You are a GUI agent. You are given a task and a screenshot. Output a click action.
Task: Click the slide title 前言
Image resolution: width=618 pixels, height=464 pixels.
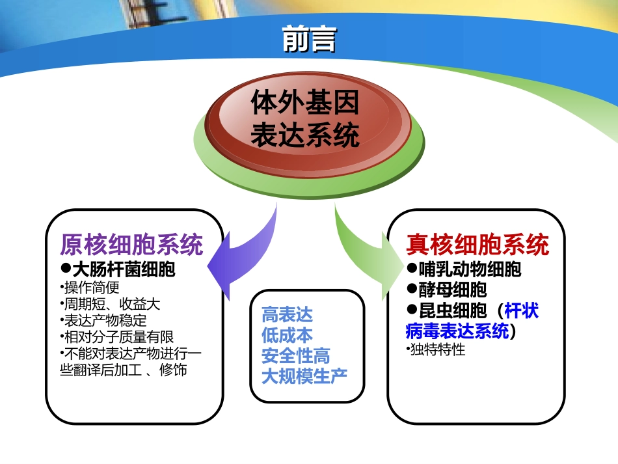[309, 39]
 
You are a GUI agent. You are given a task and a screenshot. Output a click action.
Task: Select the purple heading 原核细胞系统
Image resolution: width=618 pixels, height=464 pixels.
[131, 245]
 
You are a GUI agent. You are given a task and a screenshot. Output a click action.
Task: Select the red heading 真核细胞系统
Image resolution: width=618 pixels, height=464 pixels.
[477, 245]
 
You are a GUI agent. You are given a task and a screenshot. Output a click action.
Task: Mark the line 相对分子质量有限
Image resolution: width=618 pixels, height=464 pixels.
[116, 337]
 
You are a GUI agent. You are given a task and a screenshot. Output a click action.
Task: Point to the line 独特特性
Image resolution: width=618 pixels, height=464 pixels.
[437, 349]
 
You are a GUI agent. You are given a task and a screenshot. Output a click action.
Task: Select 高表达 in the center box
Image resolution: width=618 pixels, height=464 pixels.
[287, 315]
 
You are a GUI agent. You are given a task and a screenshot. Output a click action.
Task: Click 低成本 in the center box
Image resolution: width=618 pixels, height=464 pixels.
[287, 335]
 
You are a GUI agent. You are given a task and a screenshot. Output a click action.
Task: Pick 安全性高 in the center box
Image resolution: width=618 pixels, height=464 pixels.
[295, 355]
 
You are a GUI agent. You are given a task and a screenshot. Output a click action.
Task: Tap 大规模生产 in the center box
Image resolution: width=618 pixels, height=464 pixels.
[304, 375]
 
